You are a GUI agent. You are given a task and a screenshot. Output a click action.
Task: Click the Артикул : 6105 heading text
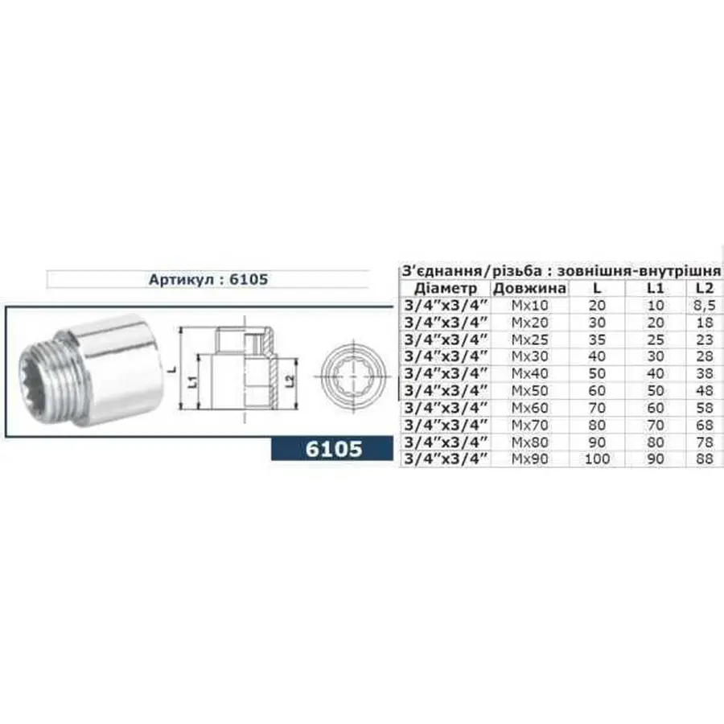[208, 280]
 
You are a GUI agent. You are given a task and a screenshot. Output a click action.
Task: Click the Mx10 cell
[529, 306]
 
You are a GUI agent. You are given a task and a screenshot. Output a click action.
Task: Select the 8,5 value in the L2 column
[704, 306]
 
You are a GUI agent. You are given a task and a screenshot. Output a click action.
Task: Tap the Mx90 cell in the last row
[529, 459]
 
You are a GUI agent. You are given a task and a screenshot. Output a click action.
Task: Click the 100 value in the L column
[599, 459]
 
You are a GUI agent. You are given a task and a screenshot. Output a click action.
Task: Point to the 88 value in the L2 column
[704, 459]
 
